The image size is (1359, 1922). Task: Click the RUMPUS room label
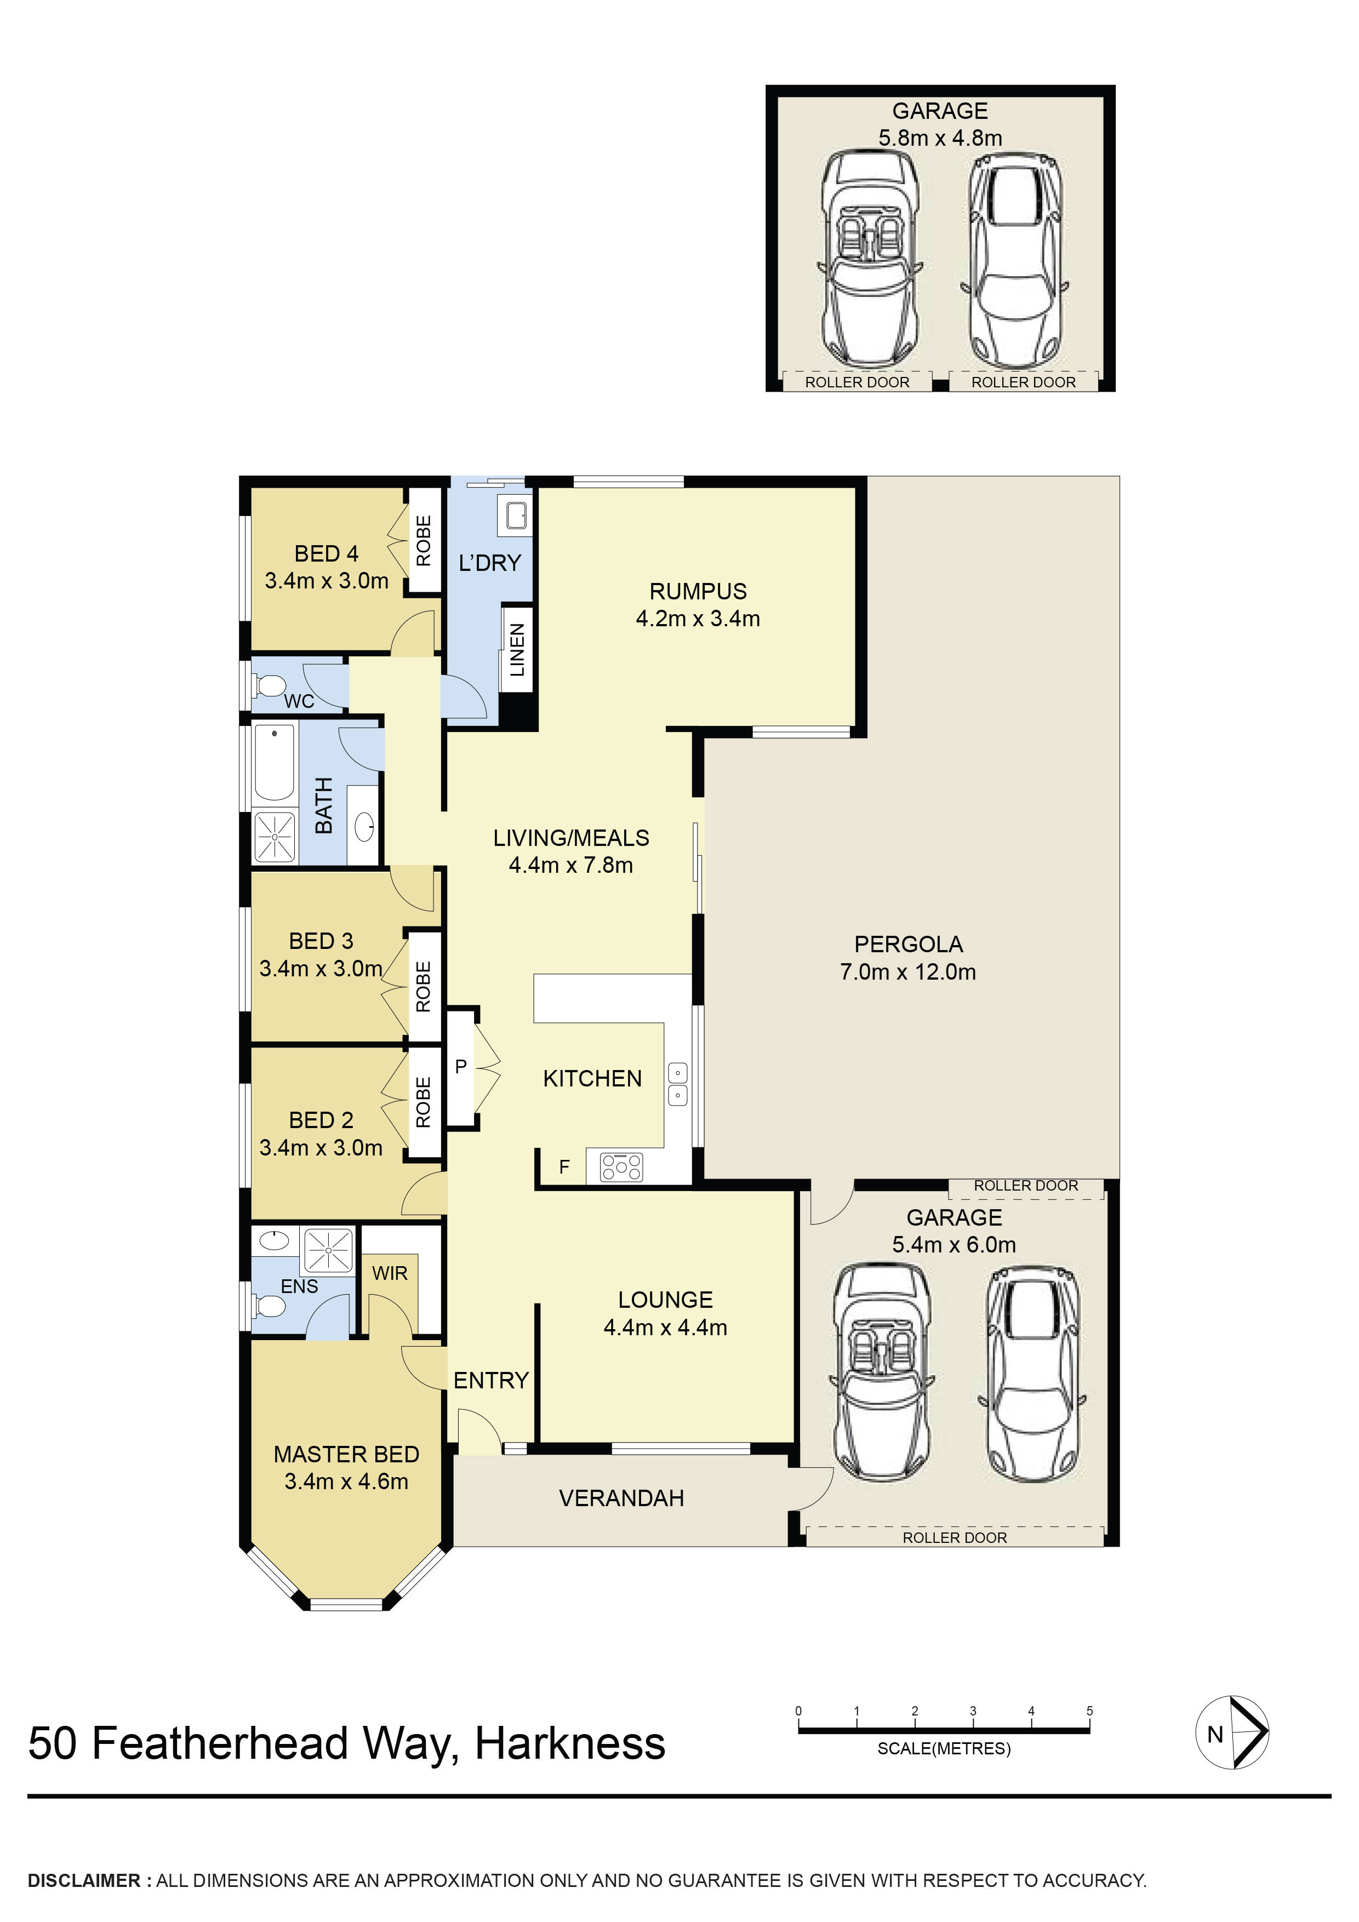pyautogui.click(x=698, y=591)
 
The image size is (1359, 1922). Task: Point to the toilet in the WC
pyautogui.click(x=270, y=687)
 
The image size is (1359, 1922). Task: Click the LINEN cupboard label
pyautogui.click(x=517, y=650)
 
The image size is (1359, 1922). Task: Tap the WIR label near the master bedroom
pyautogui.click(x=390, y=1273)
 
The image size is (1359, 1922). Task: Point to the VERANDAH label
pyautogui.click(x=621, y=1497)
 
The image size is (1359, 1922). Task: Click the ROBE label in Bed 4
pyautogui.click(x=424, y=541)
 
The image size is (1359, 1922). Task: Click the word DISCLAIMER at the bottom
pyautogui.click(x=84, y=1880)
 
